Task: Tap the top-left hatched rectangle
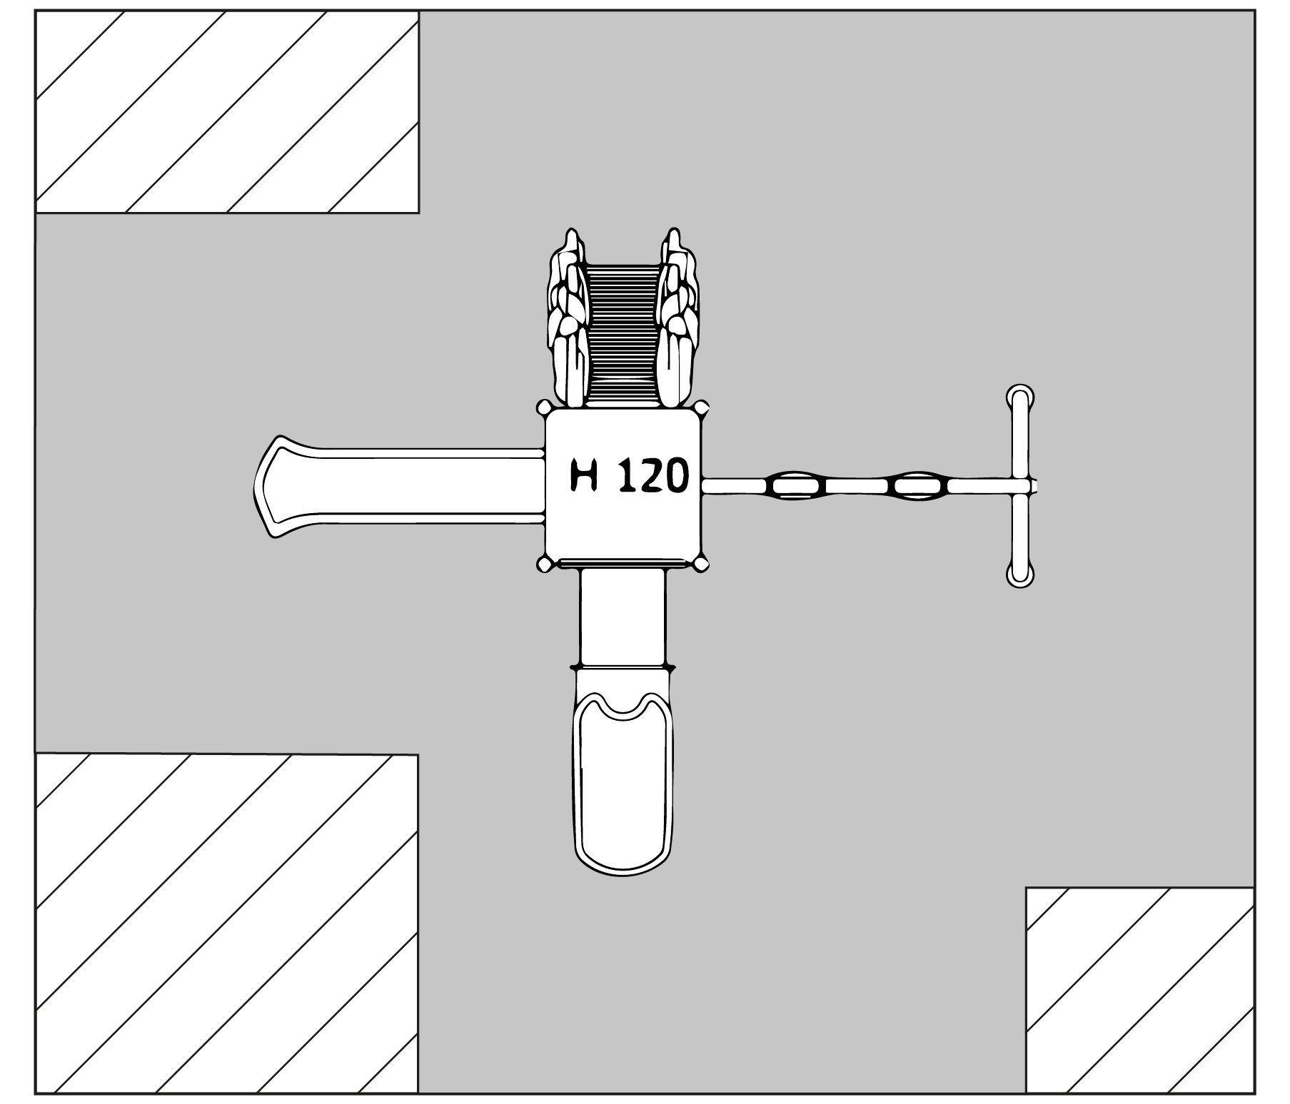point(227,112)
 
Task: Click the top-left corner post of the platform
point(544,407)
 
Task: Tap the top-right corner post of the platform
point(702,407)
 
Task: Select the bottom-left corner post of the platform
point(544,564)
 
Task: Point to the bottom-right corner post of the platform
point(702,564)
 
